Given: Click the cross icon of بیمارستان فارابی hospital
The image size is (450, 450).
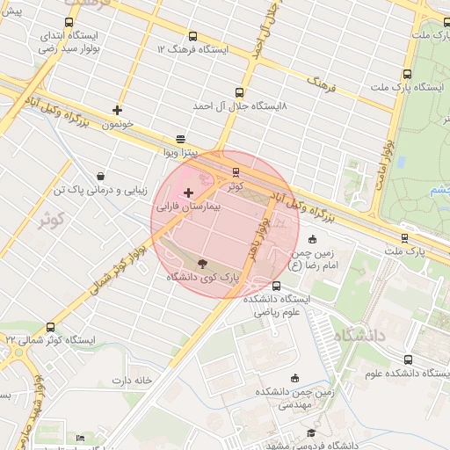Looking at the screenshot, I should [x=188, y=192].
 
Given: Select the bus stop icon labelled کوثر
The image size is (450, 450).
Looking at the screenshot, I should [x=236, y=172].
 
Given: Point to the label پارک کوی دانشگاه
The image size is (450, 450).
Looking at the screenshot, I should [x=204, y=277].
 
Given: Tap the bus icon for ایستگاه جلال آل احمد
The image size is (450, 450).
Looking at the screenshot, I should [x=239, y=91].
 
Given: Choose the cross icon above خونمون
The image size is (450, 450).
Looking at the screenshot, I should [x=117, y=111].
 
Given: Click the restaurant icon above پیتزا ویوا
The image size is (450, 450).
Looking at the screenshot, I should [x=180, y=138].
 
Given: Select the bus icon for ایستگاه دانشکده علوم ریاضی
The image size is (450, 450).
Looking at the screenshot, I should [x=277, y=286].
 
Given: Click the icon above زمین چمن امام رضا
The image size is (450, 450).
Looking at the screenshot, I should [x=313, y=239].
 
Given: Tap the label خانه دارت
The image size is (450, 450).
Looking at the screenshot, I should [x=131, y=380].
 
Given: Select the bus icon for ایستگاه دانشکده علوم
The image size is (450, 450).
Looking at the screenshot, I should [x=406, y=359].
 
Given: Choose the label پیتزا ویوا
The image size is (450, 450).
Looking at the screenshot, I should [x=182, y=152].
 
